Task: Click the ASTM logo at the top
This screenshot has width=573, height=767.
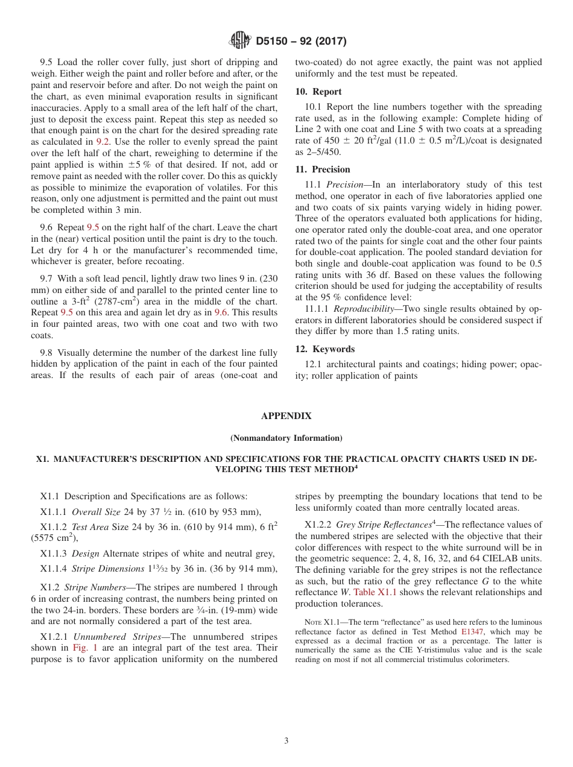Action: pos(240,41)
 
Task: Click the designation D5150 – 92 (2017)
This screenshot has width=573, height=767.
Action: pos(301,42)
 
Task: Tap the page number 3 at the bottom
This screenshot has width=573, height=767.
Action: pos(286,741)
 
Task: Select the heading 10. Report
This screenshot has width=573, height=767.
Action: pos(318,92)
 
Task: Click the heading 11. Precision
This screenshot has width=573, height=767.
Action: pos(323,169)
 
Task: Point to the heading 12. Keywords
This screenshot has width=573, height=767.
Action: pos(325,349)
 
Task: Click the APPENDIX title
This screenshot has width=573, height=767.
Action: pos(286,416)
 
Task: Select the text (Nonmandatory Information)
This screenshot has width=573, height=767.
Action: pos(286,438)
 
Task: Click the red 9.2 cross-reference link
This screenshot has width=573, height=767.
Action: pos(103,142)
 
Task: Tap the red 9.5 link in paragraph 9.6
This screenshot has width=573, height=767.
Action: pos(93,227)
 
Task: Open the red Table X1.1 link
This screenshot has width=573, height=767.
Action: pos(375,592)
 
